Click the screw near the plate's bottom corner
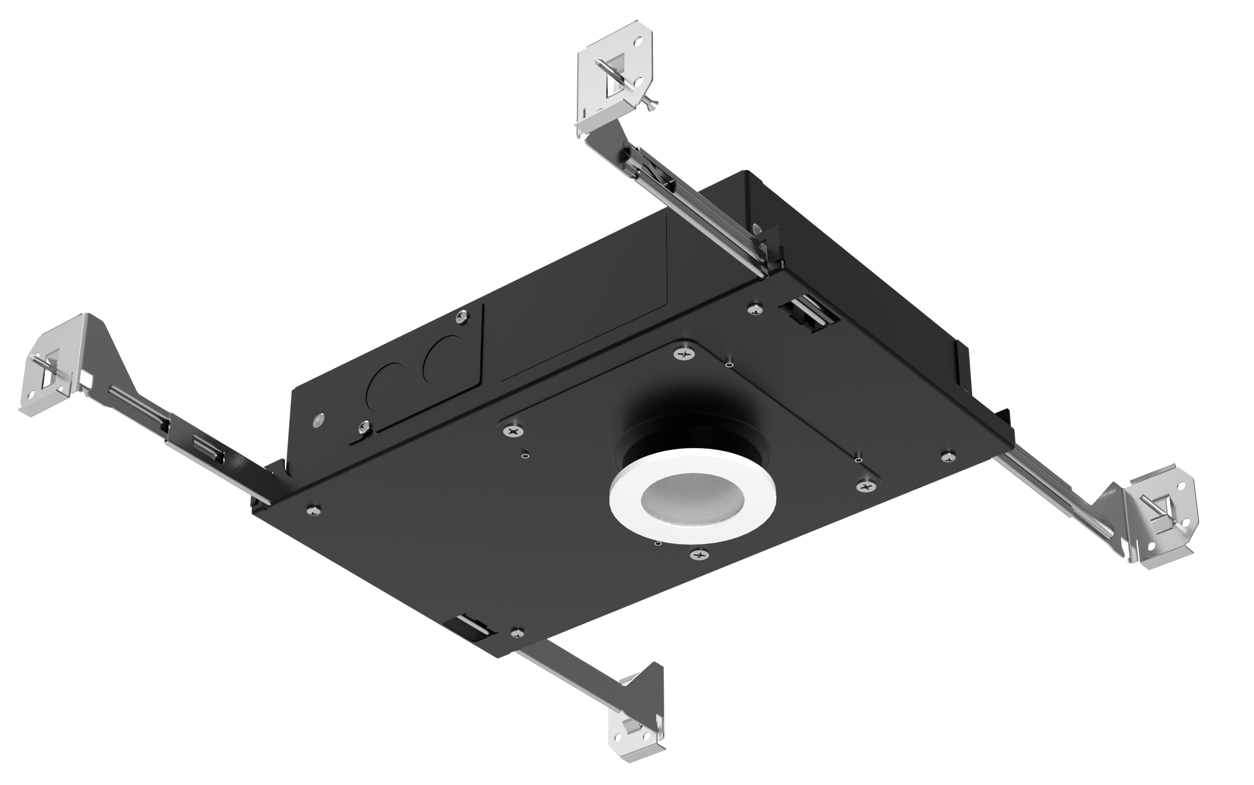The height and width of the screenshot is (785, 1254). (517, 632)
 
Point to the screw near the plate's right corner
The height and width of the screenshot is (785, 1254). (948, 457)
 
